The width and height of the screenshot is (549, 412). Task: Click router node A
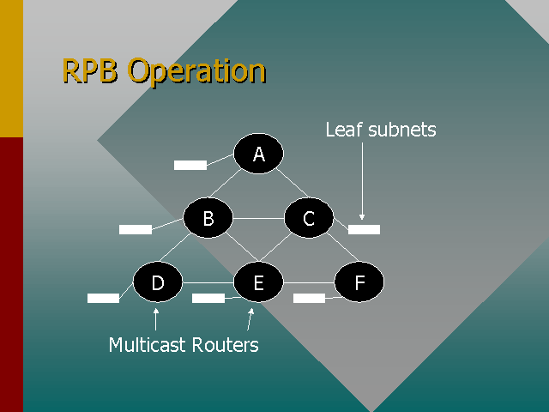(x=258, y=154)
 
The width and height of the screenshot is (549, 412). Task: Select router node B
(x=208, y=219)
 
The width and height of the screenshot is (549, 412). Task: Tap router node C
(x=310, y=219)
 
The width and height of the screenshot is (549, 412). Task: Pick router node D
(x=158, y=282)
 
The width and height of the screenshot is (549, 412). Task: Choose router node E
(x=258, y=282)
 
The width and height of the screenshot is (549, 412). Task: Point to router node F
(x=359, y=282)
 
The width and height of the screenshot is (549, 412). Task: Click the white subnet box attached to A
(x=190, y=165)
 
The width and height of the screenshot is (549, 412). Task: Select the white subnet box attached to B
(x=136, y=229)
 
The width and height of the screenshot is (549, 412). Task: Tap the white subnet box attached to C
(x=364, y=229)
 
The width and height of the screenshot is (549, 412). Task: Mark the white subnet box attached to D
(x=103, y=298)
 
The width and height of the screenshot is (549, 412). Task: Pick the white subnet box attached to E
(x=208, y=298)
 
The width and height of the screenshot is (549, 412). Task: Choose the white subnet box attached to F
(x=309, y=298)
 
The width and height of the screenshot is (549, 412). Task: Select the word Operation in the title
(x=197, y=72)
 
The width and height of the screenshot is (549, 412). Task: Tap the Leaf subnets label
(x=381, y=130)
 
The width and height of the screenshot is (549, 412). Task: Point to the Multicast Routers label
(x=184, y=345)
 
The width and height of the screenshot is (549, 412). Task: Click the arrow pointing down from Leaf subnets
(x=362, y=180)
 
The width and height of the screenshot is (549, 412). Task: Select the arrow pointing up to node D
(x=156, y=318)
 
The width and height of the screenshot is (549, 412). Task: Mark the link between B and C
(x=259, y=219)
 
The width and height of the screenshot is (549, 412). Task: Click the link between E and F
(x=309, y=282)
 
